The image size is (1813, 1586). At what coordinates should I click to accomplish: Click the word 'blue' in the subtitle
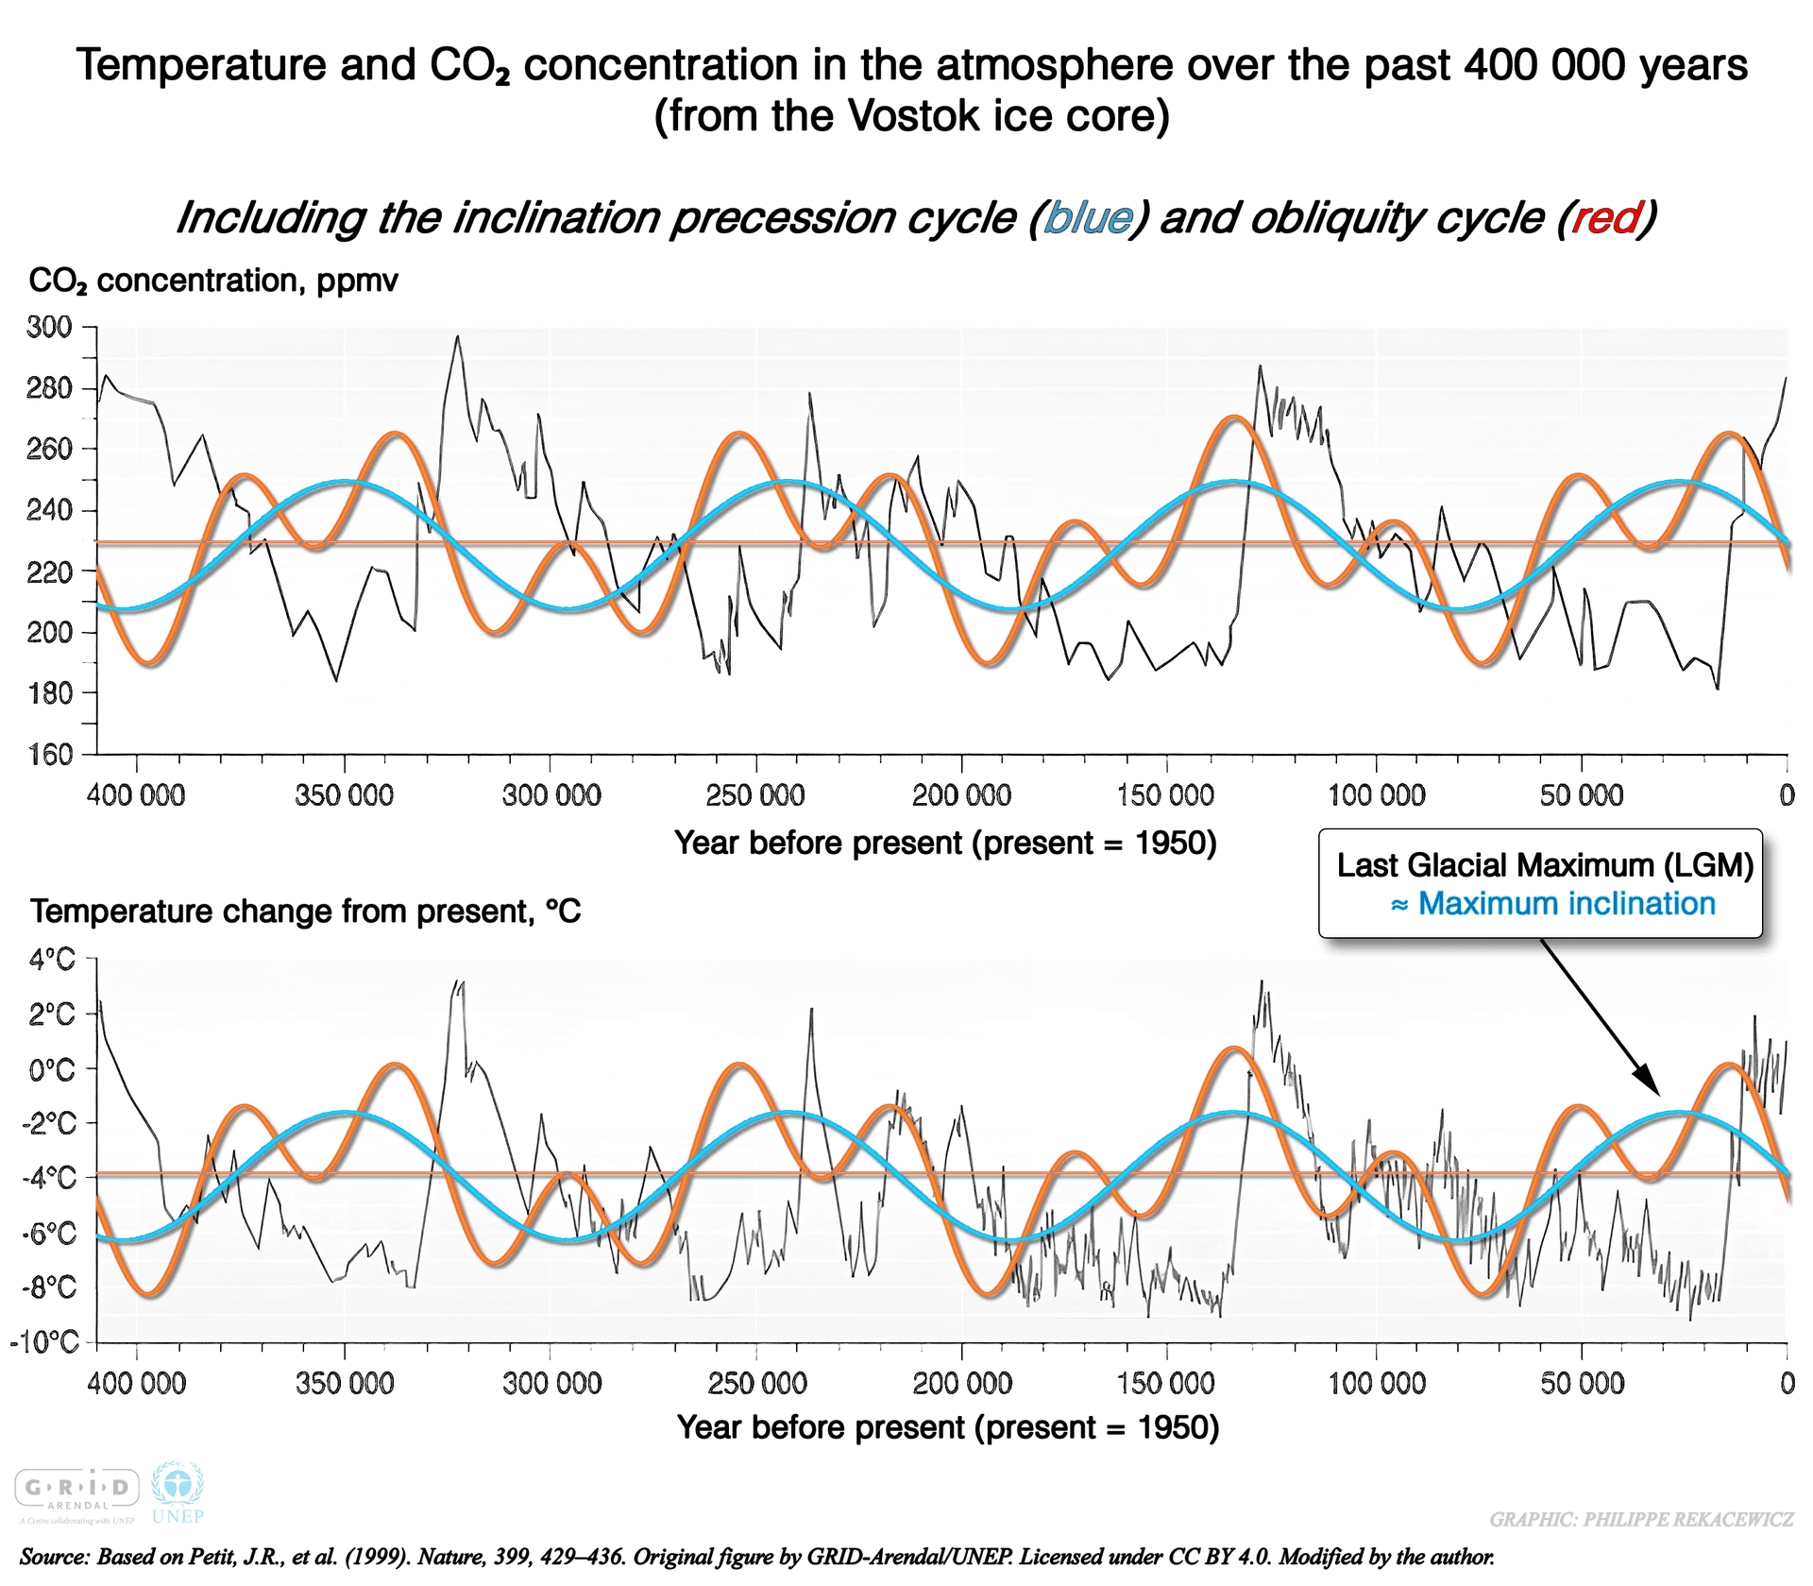[x=1088, y=218]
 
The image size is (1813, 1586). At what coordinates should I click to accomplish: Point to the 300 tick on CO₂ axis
[x=49, y=328]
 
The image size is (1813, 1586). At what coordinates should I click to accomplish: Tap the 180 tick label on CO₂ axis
[x=49, y=693]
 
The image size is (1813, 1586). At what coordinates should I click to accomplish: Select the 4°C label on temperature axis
[x=52, y=961]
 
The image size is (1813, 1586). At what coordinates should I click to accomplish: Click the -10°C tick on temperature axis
[x=44, y=1342]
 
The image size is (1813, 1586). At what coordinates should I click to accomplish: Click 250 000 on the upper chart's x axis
[x=755, y=795]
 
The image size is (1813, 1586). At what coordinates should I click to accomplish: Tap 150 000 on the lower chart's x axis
[x=1166, y=1384]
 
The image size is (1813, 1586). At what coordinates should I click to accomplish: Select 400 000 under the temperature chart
[x=137, y=1384]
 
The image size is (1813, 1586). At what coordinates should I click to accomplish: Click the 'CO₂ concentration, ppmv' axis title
[x=213, y=281]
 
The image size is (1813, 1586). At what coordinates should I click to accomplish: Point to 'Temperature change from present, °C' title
[x=305, y=912]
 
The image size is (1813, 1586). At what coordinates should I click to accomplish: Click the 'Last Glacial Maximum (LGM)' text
[x=1545, y=865]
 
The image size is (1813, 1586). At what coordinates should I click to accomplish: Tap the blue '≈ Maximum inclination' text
[x=1553, y=904]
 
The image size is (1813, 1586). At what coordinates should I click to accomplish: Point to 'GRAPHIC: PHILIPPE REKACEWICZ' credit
[x=1641, y=1520]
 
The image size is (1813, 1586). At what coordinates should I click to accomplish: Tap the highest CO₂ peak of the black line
[x=458, y=336]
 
